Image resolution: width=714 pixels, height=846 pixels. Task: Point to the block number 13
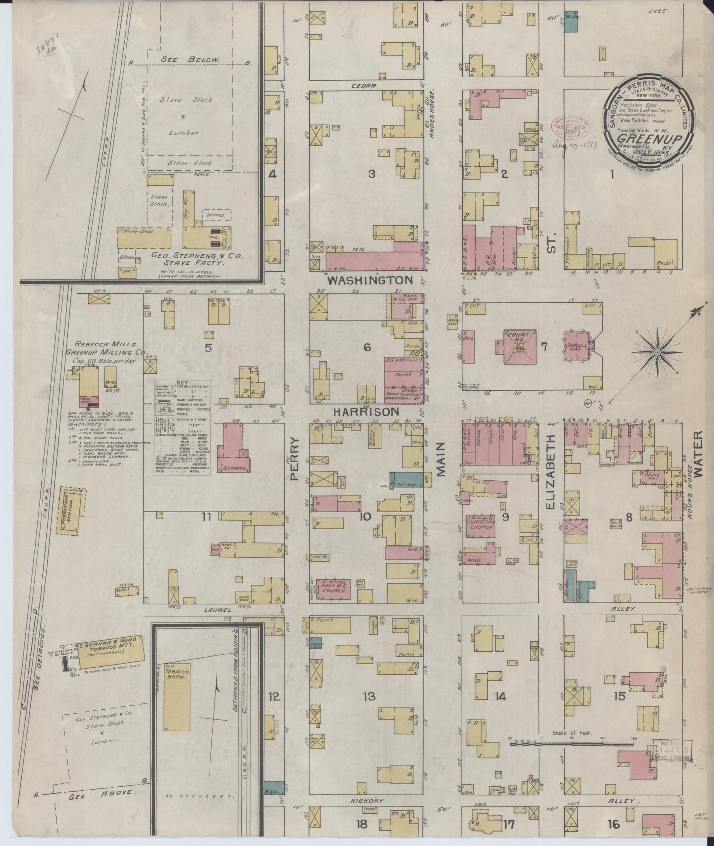click(x=369, y=696)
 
